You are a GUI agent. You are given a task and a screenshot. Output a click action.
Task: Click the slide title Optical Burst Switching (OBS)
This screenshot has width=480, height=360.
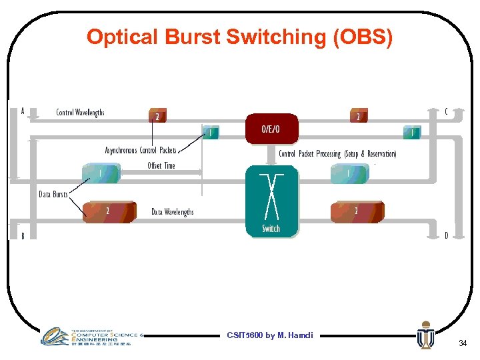pos(239,37)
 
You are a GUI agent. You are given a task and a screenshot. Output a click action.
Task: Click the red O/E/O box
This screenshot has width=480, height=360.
pos(272,129)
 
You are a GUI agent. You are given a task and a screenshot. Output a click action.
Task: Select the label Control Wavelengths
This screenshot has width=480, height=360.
pos(80,113)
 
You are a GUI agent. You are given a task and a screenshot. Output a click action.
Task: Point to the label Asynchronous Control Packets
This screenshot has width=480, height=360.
pos(141,151)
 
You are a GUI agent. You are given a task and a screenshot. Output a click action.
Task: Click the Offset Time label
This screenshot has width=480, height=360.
pos(161,166)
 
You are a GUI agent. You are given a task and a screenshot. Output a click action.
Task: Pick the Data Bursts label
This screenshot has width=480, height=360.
pos(53,195)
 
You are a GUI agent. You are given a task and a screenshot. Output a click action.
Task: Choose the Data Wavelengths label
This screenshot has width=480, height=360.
pos(173,212)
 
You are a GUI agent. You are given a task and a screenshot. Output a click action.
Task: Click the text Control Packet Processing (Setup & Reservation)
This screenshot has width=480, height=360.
pos(337,154)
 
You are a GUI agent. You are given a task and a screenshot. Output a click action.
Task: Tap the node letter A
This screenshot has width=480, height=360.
pos(23,111)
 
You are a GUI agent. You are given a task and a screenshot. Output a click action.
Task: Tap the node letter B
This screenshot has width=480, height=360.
pos(23,236)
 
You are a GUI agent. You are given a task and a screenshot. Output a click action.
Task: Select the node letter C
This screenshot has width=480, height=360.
pos(446,112)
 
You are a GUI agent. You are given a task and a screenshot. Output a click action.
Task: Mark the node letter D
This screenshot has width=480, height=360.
pos(446,235)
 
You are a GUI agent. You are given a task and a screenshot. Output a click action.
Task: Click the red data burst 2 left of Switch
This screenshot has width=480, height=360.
pos(109,211)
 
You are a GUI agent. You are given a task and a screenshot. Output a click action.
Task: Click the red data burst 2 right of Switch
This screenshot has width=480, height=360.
pos(357,211)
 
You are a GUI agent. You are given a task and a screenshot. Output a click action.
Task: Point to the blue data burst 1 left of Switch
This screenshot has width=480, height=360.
pos(101,174)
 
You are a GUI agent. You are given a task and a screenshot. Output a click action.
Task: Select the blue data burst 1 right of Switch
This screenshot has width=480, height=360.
pos(349,174)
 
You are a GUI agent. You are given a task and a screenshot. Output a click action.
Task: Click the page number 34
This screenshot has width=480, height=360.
pos(463,343)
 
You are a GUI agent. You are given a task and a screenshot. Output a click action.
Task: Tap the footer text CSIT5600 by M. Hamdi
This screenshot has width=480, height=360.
pos(270,335)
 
